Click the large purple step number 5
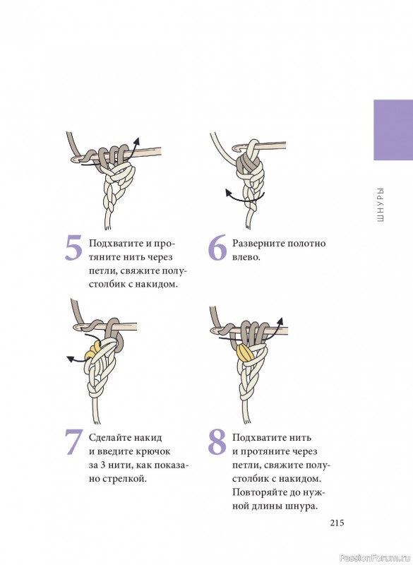coord(73,248)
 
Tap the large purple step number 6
coord(217,248)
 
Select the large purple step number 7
coord(74,442)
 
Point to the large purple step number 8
coord(217,442)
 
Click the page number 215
coord(337,523)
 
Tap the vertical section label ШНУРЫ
coord(381,204)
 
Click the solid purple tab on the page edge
coord(393,130)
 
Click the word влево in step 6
coord(246,257)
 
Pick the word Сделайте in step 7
coord(110,438)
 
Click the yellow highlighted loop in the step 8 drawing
coord(246,352)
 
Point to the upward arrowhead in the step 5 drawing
coord(137,141)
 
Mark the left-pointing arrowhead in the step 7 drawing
coord(70,358)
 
